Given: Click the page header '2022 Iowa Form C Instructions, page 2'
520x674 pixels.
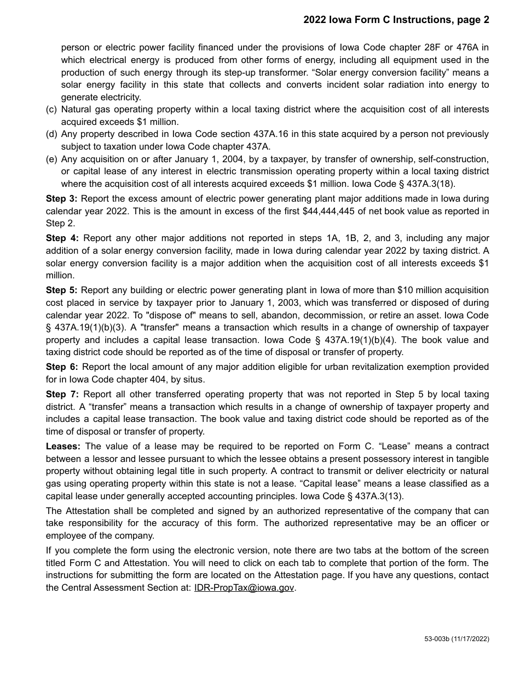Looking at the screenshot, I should pyautogui.click(x=396, y=20).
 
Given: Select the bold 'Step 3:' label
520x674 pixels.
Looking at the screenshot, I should pyautogui.click(x=61, y=198).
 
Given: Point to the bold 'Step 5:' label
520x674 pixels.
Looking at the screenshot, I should pyautogui.click(x=61, y=290).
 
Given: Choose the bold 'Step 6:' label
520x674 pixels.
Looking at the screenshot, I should pyautogui.click(x=62, y=367).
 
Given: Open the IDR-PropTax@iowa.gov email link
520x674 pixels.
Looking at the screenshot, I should pyautogui.click(x=244, y=588).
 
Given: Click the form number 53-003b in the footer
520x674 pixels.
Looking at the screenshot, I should pyautogui.click(x=436, y=639).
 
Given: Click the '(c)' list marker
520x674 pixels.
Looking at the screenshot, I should pyautogui.click(x=51, y=110).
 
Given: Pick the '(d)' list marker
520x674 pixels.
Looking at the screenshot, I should pyautogui.click(x=51, y=134).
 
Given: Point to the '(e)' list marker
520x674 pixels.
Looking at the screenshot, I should pyautogui.click(x=51, y=159).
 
